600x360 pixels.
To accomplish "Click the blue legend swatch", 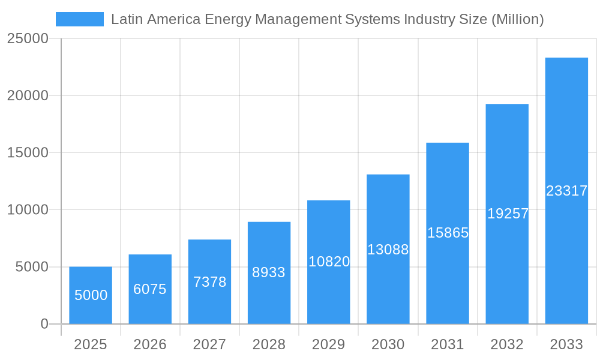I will click(x=80, y=19).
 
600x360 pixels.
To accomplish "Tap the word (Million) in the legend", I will click(x=517, y=19).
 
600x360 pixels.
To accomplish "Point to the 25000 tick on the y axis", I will click(x=27, y=38).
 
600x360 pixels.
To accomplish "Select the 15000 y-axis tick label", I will click(x=27, y=152).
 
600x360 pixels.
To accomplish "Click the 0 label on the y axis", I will click(x=44, y=324).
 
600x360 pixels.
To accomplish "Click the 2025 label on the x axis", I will click(x=91, y=344).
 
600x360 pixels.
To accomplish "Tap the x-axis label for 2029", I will click(x=329, y=344).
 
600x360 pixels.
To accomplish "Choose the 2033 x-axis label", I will click(x=566, y=344).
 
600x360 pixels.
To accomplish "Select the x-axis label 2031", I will click(x=448, y=344).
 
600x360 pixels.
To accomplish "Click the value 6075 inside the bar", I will click(x=150, y=289).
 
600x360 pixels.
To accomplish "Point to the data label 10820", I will click(x=329, y=262).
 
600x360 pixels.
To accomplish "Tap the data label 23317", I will click(x=566, y=191).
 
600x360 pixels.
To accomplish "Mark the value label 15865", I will click(x=448, y=233).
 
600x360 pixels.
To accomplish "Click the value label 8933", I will click(x=269, y=272).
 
